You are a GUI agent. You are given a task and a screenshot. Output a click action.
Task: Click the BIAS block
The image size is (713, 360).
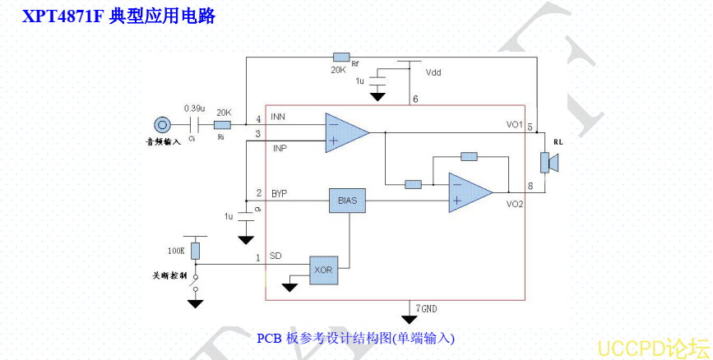tap(347, 201)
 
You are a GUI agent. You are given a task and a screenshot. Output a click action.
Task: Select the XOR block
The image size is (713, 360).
tap(323, 269)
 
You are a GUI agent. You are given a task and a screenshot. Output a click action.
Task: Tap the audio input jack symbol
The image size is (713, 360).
tap(163, 125)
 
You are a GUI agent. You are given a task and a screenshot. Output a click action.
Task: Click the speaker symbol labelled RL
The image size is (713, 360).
tap(549, 162)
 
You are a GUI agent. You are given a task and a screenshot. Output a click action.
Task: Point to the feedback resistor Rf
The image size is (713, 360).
tap(341, 57)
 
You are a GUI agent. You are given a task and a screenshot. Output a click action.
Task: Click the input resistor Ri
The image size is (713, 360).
tap(222, 125)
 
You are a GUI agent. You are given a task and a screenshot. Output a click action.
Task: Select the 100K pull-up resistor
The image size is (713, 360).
tap(195, 250)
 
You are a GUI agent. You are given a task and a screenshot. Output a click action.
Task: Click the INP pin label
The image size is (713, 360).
tap(280, 148)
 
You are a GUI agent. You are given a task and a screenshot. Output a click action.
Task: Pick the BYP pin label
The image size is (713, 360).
tap(280, 194)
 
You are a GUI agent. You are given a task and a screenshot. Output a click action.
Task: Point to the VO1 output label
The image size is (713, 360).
tap(515, 125)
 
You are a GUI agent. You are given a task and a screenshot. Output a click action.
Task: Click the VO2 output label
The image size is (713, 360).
tap(515, 203)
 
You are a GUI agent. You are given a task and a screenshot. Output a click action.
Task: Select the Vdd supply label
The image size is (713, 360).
tap(433, 72)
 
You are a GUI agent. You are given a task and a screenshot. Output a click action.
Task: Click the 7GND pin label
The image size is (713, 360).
tap(426, 308)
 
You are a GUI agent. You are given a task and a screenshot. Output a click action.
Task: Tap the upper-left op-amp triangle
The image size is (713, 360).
tap(344, 132)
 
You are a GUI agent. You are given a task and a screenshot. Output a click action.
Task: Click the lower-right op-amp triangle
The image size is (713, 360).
tap(467, 192)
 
